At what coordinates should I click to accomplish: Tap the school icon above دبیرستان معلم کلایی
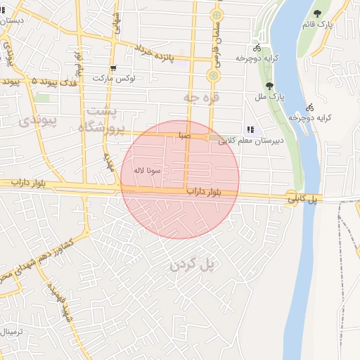click(x=250, y=129)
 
